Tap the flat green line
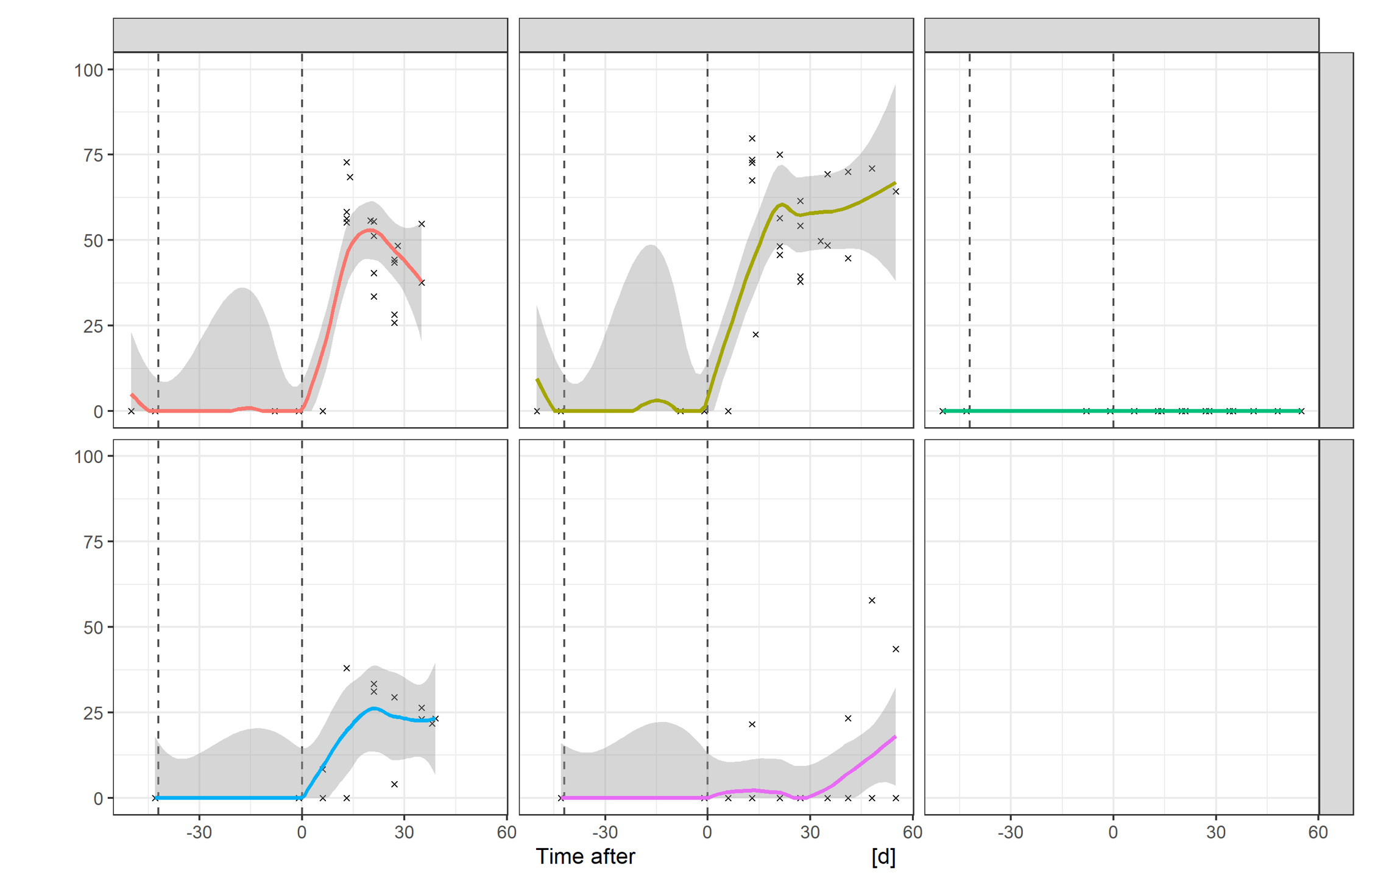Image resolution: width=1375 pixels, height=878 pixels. tap(1036, 411)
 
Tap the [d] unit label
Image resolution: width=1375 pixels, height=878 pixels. tap(883, 857)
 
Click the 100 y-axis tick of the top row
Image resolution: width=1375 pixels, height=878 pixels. tap(89, 70)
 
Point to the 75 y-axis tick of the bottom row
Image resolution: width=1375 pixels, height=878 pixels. tap(93, 542)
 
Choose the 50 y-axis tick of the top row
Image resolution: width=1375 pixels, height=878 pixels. tap(93, 241)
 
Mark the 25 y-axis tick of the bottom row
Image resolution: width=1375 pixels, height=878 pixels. tap(93, 713)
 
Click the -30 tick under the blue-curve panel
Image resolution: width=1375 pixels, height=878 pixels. tap(199, 832)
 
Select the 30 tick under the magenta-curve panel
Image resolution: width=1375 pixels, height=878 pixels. tap(810, 832)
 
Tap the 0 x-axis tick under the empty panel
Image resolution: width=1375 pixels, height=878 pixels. tap(1113, 832)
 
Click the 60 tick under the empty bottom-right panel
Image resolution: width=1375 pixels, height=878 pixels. tap(1318, 832)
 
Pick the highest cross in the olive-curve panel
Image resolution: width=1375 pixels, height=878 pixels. tap(752, 138)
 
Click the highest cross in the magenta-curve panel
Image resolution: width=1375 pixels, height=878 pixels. tap(872, 600)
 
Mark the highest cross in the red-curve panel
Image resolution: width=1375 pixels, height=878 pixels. tap(347, 162)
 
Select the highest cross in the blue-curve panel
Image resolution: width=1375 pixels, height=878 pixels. tap(347, 668)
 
